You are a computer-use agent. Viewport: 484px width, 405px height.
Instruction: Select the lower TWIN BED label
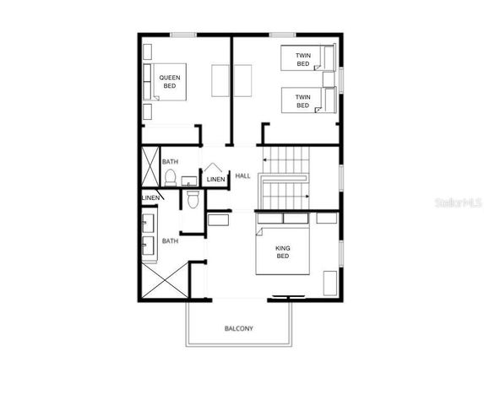(302, 100)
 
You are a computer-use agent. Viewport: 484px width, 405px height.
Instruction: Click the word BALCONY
(239, 328)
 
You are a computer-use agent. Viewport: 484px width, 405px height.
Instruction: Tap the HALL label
(243, 175)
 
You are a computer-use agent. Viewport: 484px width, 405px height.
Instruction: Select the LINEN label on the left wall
(150, 197)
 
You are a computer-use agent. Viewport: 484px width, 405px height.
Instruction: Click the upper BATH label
(170, 161)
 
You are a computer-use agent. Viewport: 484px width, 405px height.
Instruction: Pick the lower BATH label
(170, 241)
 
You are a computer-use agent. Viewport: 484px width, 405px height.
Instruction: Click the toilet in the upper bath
(171, 177)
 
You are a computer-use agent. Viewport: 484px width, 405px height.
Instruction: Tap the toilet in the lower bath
(193, 200)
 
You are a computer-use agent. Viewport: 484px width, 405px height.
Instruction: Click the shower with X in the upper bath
(150, 166)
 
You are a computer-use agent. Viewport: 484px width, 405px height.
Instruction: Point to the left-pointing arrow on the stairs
(264, 158)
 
